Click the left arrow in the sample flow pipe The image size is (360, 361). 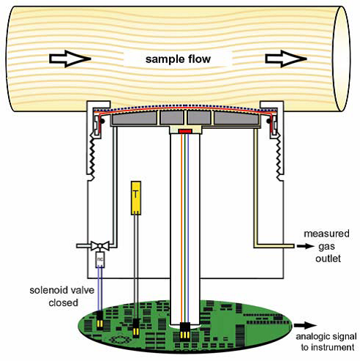[70, 59]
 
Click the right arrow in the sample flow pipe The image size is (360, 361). [286, 59]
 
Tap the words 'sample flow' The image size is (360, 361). [178, 59]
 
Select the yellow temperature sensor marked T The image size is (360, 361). [136, 198]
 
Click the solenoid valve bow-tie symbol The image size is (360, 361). [100, 245]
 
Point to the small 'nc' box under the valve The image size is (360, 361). [100, 259]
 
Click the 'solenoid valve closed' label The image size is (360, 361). [62, 297]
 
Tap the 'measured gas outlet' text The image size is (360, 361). [327, 246]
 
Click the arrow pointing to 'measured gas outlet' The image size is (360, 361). [305, 246]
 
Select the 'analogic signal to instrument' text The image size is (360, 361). [326, 342]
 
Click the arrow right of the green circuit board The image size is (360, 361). [305, 325]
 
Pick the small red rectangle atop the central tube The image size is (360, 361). [185, 131]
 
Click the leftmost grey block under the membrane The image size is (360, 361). [134, 118]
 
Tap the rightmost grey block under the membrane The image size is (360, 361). [236, 118]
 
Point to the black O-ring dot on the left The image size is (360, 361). [102, 121]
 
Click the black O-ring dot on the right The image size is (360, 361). [269, 121]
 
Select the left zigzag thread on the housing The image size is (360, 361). [92, 156]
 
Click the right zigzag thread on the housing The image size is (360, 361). [279, 156]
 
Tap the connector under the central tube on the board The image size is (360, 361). [185, 332]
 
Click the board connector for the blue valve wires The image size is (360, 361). [100, 320]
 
